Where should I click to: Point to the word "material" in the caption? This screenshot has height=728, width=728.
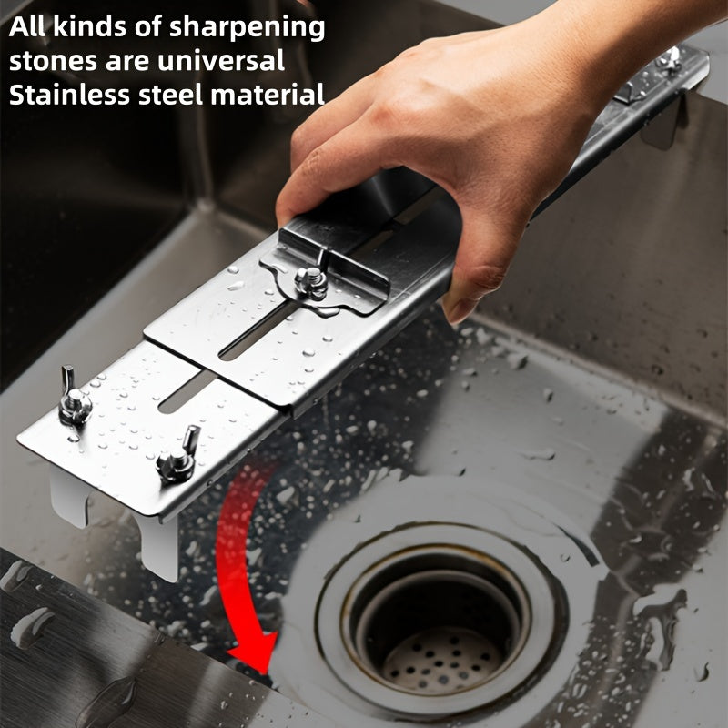(x=268, y=95)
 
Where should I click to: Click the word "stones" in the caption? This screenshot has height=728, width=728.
(x=53, y=62)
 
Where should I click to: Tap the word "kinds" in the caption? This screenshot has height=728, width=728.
(x=89, y=27)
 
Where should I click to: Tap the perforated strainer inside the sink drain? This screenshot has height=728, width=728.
(x=442, y=659)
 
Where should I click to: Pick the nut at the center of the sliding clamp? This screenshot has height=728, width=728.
(x=310, y=282)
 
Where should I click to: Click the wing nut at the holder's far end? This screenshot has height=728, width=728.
(x=669, y=59)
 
